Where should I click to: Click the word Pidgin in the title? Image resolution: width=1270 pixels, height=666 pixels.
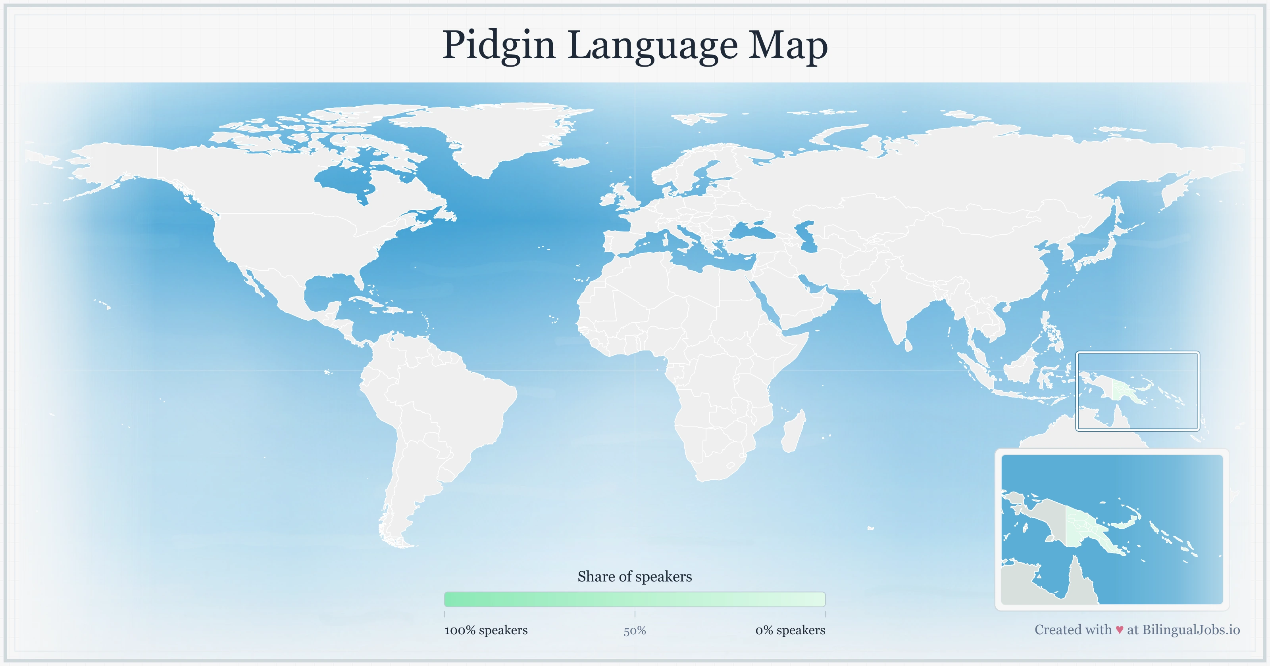498,45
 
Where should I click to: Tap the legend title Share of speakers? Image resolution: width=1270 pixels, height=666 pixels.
635,576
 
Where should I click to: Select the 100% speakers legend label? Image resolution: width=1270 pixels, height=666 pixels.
486,630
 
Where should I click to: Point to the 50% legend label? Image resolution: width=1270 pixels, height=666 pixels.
635,631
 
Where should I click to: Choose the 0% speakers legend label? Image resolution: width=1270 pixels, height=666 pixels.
790,630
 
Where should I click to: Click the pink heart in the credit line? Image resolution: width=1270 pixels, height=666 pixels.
1119,630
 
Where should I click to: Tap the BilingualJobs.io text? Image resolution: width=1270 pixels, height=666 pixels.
1191,630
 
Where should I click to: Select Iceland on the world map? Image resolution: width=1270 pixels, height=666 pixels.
572,162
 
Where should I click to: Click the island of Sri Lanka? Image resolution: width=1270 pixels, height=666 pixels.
908,345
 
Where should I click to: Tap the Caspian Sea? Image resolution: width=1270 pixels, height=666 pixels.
806,236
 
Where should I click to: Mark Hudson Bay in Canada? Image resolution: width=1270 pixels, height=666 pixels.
345,180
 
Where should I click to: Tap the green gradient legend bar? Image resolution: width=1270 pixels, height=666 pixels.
635,599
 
